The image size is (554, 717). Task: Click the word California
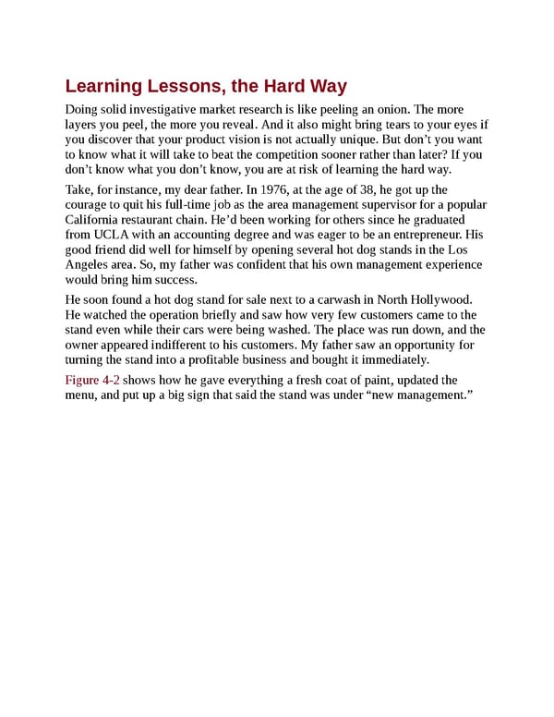(x=94, y=220)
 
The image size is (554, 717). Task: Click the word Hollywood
(x=434, y=299)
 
